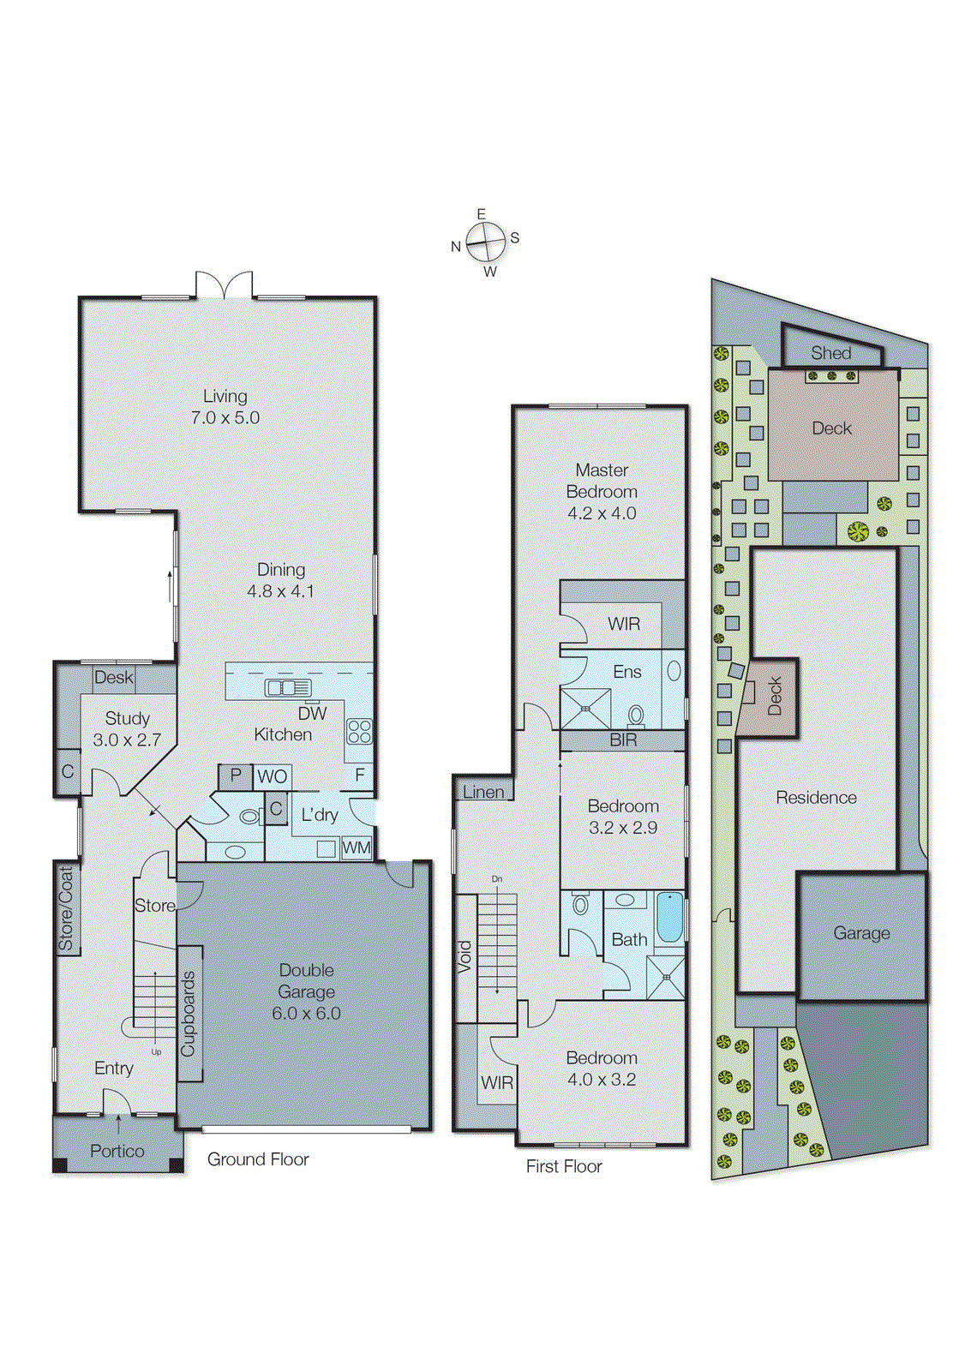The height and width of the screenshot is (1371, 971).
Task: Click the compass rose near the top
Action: point(486,243)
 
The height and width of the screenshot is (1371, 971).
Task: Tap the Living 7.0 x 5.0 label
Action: point(225,407)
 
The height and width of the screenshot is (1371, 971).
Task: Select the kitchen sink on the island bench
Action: point(288,687)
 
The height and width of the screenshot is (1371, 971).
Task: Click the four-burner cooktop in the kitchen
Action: point(359,731)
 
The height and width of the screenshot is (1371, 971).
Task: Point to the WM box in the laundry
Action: point(356,848)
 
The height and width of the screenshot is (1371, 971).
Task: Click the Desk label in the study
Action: point(114,678)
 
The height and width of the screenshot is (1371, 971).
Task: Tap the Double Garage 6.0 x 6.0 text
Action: point(306,991)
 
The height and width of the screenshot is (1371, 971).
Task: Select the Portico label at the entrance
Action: point(117,1151)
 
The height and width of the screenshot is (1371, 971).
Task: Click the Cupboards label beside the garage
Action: point(189,1014)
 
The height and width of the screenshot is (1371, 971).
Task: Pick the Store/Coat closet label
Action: point(66,908)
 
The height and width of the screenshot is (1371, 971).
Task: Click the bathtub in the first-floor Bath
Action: point(669,919)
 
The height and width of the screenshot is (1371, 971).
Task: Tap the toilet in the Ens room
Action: point(636,714)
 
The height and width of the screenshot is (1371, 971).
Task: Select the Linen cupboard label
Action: point(483,792)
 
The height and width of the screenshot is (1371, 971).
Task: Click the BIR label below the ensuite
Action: point(623,740)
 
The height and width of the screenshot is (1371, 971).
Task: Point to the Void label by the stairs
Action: point(465,956)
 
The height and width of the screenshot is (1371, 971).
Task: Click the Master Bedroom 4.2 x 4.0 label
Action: point(602,492)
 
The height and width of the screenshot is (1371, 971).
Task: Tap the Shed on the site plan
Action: point(830,353)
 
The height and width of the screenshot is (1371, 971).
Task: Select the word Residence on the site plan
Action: point(816,798)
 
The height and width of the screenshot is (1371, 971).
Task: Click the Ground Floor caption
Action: point(258,1159)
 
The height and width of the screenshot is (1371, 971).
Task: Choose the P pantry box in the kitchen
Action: point(235,775)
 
